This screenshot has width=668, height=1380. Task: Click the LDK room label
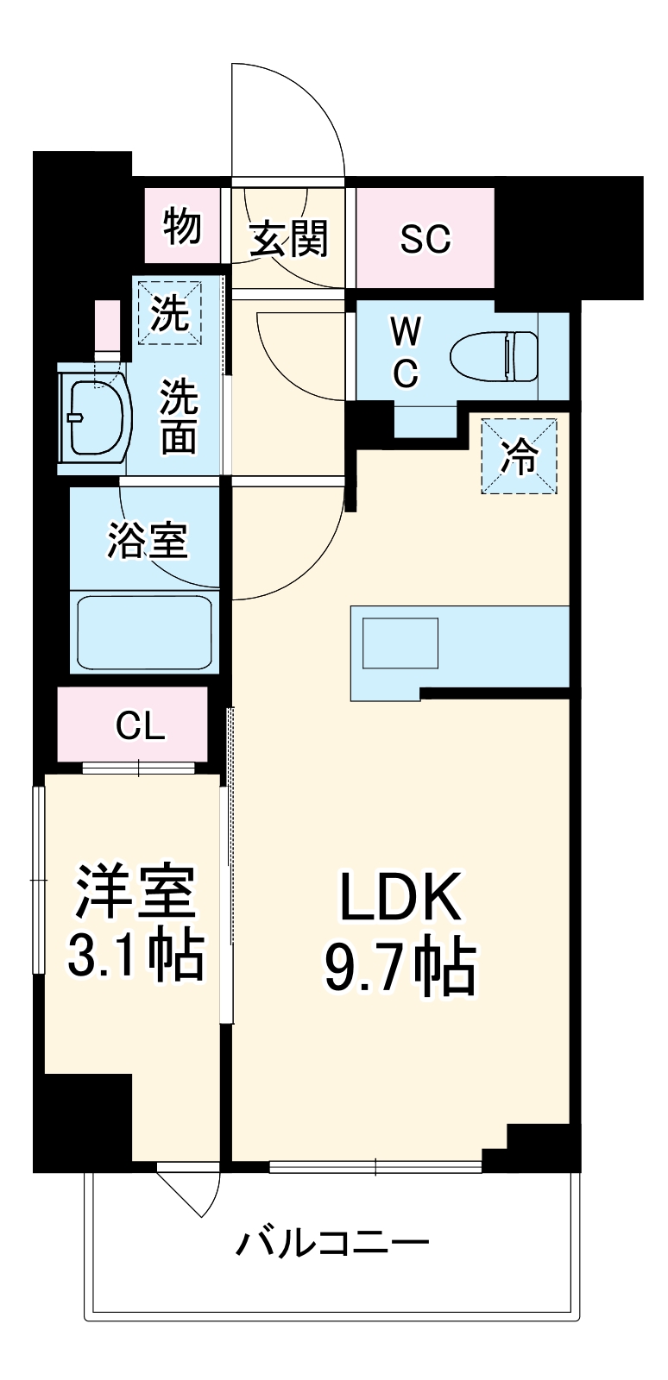[x=399, y=897]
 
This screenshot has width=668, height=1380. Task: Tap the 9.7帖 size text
[x=399, y=967]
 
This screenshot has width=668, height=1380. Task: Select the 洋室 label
[x=136, y=890]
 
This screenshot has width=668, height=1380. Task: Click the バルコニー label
[x=333, y=1243]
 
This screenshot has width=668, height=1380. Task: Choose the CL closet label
[x=140, y=727]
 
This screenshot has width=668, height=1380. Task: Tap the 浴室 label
[x=147, y=541]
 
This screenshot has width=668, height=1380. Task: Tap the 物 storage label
[x=182, y=226]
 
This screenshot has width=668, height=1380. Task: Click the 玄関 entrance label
[x=289, y=238]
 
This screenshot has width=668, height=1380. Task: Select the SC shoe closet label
[x=425, y=237]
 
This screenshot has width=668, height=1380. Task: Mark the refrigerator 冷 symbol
[x=520, y=456]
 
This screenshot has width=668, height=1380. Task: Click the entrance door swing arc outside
[x=293, y=112]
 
